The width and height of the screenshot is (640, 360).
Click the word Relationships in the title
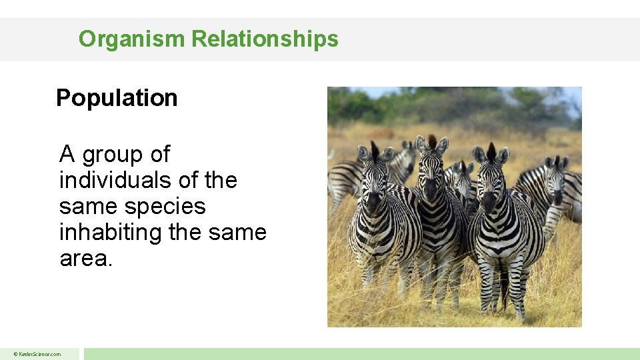(265, 39)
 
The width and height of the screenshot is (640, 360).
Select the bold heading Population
(117, 98)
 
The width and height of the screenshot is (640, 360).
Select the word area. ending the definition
(86, 259)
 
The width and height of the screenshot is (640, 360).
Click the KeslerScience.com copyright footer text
(39, 354)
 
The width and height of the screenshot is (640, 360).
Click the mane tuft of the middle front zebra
(432, 142)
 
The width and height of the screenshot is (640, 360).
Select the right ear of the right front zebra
(503, 155)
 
